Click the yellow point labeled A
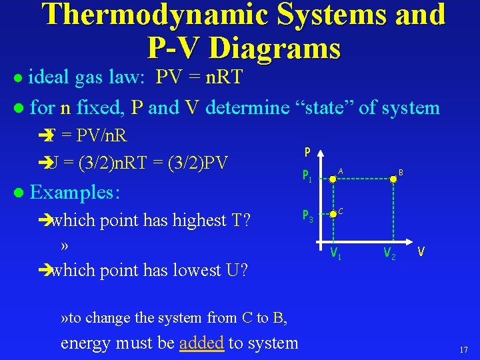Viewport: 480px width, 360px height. (x=333, y=179)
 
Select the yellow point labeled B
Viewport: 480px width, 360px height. (x=393, y=179)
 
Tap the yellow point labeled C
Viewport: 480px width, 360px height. (x=333, y=215)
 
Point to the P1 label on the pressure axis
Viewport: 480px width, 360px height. (x=309, y=177)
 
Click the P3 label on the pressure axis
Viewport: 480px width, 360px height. (x=309, y=216)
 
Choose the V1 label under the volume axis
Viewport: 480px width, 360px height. (x=337, y=253)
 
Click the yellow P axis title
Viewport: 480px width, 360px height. (x=307, y=152)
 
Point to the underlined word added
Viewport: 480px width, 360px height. (x=201, y=343)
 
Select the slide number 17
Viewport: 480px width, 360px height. (x=464, y=350)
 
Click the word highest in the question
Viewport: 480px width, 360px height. (x=198, y=220)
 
